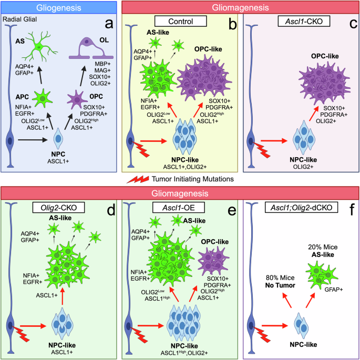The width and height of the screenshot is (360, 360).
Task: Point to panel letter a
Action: (108, 25)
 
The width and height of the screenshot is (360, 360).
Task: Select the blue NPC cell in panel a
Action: (62, 140)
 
